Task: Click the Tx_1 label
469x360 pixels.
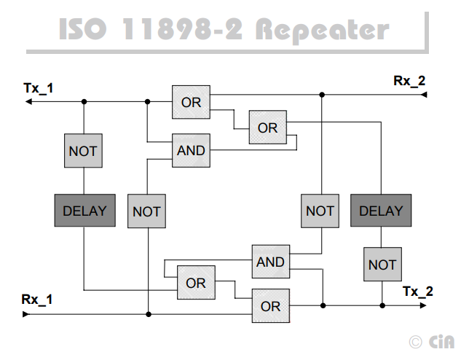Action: click(x=39, y=88)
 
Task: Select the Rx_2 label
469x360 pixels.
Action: click(x=409, y=81)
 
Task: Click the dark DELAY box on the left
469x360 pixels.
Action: click(x=84, y=211)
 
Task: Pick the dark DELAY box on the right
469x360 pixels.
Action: click(x=381, y=211)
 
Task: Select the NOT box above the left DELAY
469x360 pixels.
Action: click(x=83, y=152)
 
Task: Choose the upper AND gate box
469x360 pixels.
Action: click(x=192, y=152)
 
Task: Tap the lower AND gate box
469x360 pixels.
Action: click(x=270, y=262)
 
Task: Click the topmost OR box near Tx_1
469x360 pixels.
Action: click(x=192, y=102)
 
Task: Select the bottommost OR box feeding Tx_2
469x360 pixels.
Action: click(x=270, y=306)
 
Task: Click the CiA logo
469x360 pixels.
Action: click(x=441, y=341)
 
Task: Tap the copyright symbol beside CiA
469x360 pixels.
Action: click(x=415, y=341)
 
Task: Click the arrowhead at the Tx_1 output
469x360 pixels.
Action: click(x=28, y=102)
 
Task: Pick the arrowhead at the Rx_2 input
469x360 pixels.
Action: click(x=423, y=95)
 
